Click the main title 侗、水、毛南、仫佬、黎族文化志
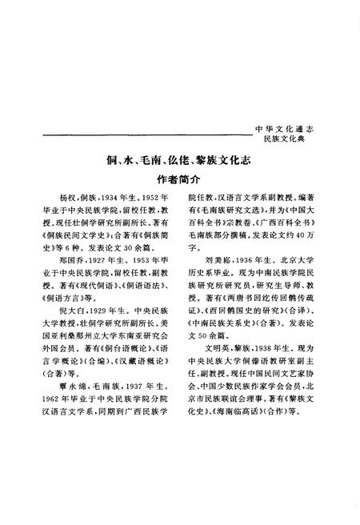pyautogui.click(x=180, y=160)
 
